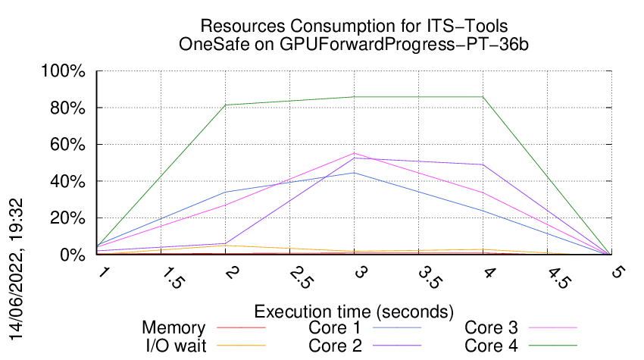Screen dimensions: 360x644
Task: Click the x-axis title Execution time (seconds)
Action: [354, 311]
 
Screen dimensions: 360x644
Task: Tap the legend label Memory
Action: [174, 328]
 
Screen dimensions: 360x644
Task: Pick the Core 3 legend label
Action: [491, 328]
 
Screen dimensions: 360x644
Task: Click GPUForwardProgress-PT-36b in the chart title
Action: [403, 44]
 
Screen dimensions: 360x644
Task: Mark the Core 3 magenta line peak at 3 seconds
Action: [354, 153]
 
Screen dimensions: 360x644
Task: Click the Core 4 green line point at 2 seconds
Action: [225, 105]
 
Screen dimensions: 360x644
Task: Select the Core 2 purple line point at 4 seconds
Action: [483, 164]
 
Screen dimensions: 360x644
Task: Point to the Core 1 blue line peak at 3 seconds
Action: [354, 173]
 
